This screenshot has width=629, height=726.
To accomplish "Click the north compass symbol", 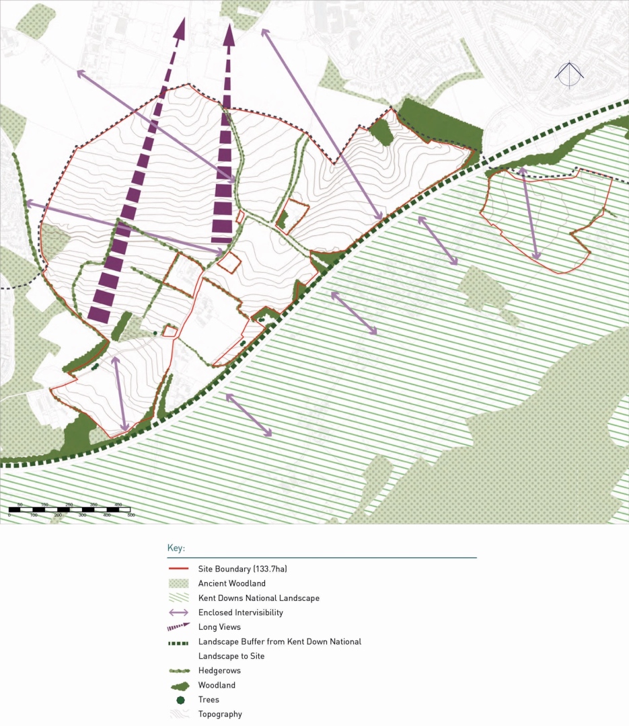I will [x=570, y=75].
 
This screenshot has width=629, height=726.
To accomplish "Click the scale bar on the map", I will [x=70, y=510].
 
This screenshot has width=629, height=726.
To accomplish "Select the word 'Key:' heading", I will [x=176, y=549].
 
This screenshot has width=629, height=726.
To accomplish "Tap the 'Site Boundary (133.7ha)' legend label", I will [x=242, y=569].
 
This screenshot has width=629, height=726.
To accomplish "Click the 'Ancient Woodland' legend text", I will [x=231, y=583].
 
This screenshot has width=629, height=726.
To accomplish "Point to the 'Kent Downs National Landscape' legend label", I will [x=258, y=598].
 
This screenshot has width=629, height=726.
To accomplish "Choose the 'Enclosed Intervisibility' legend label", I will [x=240, y=612].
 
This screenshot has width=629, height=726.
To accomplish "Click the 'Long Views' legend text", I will [x=219, y=627].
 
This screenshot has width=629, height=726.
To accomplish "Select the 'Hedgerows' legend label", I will [x=219, y=670].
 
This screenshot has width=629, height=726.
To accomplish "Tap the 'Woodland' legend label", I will [x=217, y=685].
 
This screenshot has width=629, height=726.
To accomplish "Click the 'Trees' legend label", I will [x=209, y=700].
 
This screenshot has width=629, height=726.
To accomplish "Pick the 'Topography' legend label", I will [x=220, y=714].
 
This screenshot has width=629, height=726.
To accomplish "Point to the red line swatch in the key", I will [x=180, y=569].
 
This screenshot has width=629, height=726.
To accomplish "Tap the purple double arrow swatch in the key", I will [x=180, y=612].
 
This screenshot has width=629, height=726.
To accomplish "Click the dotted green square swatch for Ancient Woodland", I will [x=180, y=583].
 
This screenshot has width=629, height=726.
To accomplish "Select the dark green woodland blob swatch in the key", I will [x=180, y=685].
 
